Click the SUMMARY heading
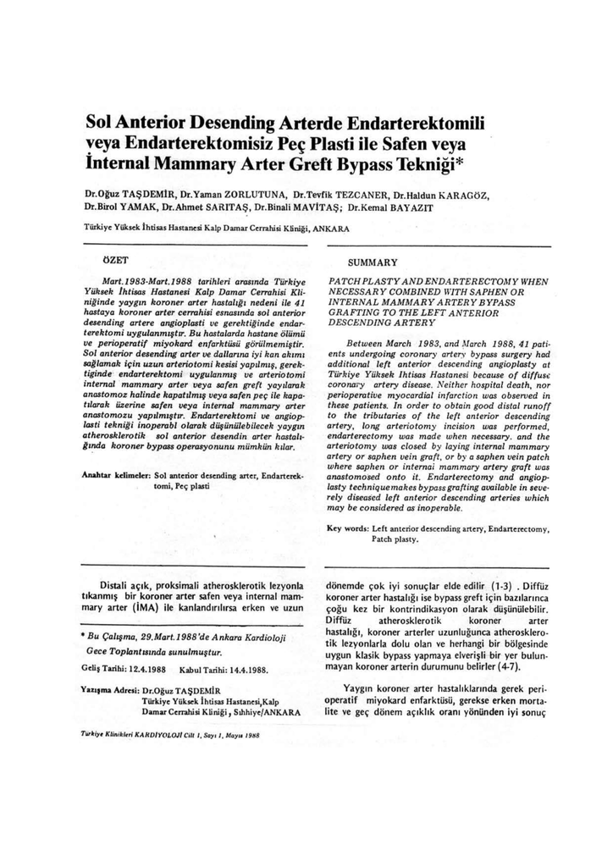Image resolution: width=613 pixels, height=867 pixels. [x=373, y=262]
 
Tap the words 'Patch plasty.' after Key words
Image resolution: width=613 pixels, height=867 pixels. [x=395, y=539]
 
